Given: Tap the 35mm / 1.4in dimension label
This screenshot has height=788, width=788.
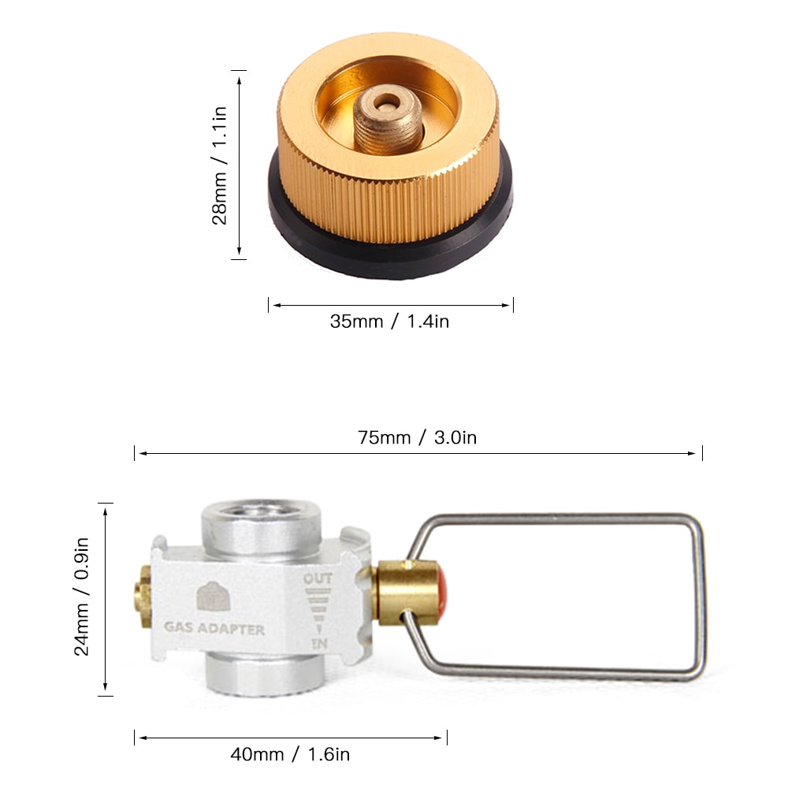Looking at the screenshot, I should (x=389, y=322).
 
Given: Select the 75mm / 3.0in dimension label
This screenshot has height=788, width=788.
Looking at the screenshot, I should (x=417, y=438).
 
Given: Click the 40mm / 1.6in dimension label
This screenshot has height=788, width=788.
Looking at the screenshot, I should (x=290, y=754).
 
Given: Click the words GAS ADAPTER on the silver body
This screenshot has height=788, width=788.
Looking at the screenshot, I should (x=214, y=630).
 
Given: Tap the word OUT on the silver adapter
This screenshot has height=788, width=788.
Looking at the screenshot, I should (x=318, y=579).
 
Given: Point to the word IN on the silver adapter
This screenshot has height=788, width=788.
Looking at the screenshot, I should (x=318, y=645).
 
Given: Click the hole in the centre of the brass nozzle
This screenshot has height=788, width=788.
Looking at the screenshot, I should (x=386, y=102).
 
